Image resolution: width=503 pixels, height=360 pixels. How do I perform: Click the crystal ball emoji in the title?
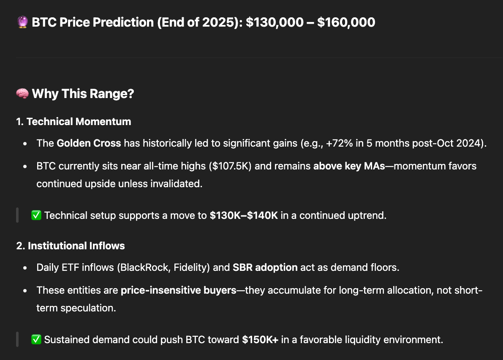pos(22,22)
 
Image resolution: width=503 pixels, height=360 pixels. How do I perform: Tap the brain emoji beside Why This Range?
pos(22,94)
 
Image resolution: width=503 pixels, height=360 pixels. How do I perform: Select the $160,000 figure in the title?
pos(346,22)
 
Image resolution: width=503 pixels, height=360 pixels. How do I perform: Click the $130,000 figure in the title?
pos(275,22)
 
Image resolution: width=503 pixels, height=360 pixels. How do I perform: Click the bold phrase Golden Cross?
pos(89,143)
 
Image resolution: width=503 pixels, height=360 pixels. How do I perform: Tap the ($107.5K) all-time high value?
pos(230,166)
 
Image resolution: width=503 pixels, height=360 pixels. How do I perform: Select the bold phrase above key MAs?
pos(349,166)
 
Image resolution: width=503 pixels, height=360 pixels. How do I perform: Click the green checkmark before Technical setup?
pos(36,215)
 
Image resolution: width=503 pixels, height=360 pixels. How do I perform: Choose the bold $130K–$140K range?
pos(244,215)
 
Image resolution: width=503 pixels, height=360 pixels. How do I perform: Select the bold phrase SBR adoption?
pos(265,267)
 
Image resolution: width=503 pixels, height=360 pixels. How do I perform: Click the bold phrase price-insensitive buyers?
pos(178,290)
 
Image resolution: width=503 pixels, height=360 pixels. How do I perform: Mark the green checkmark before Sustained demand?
pos(36,339)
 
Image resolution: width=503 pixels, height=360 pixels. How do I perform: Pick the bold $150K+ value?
pos(260,339)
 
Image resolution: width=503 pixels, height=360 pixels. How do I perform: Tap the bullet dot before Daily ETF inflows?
pos(25,267)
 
